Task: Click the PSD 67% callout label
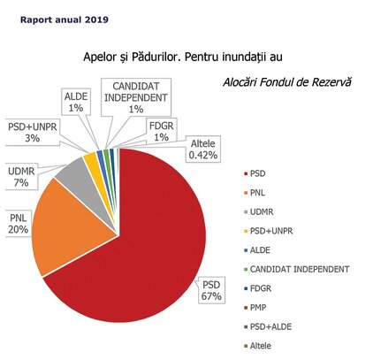pos(211,290)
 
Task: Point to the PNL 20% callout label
pos(19,224)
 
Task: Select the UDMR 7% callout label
pos(21,177)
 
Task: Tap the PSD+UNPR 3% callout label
pos(33,133)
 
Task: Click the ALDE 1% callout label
pos(76,102)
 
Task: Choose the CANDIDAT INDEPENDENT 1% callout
pos(136,97)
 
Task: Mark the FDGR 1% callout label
pos(162,132)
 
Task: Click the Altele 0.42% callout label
pos(203,149)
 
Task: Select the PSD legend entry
pos(255,173)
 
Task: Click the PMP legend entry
pos(255,308)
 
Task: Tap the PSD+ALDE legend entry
pos(268,327)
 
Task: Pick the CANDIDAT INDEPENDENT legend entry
pos(297,270)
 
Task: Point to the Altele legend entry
pos(257,346)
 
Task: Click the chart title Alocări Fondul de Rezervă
pos(287,82)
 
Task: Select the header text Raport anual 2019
pos(65,19)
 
